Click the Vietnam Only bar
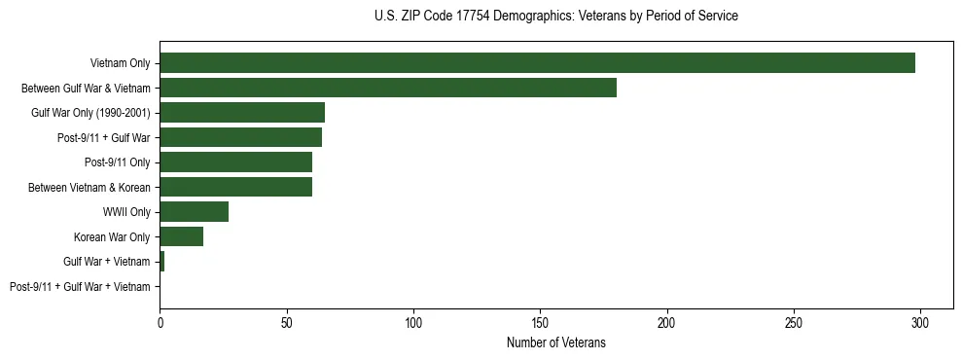pyautogui.click(x=537, y=63)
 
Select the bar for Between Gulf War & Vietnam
pyautogui.click(x=388, y=88)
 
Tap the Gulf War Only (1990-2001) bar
pyautogui.click(x=242, y=113)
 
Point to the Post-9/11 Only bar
pyautogui.click(x=235, y=162)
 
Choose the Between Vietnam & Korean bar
pyautogui.click(x=235, y=187)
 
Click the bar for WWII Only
pyautogui.click(x=194, y=212)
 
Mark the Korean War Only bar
pyautogui.click(x=181, y=236)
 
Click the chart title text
pyautogui.click(x=555, y=17)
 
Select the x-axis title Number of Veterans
pyautogui.click(x=555, y=342)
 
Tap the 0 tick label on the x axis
pyautogui.click(x=160, y=322)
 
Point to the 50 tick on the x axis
pyautogui.click(x=287, y=322)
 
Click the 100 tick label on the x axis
pyautogui.click(x=413, y=322)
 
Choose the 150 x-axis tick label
pyautogui.click(x=540, y=322)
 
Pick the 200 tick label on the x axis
pyautogui.click(x=667, y=322)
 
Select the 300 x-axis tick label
pyautogui.click(x=920, y=322)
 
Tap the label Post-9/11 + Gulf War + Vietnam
pyautogui.click(x=80, y=287)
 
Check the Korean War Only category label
pyautogui.click(x=112, y=236)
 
